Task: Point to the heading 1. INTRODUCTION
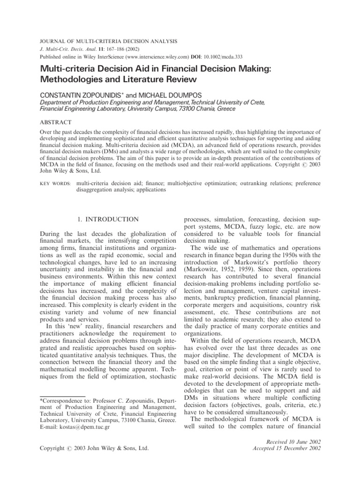tap(107, 219)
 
